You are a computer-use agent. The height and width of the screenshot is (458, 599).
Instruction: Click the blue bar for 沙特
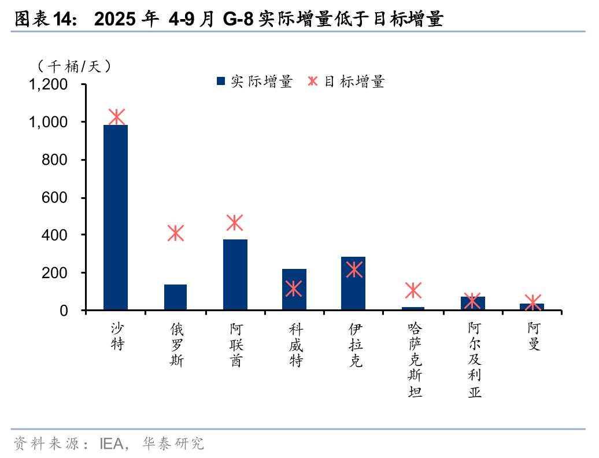pyautogui.click(x=116, y=217)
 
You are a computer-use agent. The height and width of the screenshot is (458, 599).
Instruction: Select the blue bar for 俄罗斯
pyautogui.click(x=175, y=297)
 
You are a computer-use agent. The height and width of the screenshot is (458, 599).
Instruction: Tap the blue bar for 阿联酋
pyautogui.click(x=235, y=275)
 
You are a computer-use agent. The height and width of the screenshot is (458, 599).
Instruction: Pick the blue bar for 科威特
pyautogui.click(x=294, y=289)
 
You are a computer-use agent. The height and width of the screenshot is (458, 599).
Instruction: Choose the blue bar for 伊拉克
pyautogui.click(x=353, y=283)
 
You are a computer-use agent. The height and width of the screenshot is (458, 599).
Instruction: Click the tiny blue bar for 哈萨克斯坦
pyautogui.click(x=413, y=308)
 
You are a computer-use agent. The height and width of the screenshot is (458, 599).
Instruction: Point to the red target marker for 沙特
pyautogui.click(x=116, y=117)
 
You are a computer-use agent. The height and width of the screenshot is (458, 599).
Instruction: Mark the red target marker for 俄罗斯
pyautogui.click(x=175, y=234)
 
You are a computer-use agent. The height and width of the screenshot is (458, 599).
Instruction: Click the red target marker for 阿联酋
pyautogui.click(x=235, y=223)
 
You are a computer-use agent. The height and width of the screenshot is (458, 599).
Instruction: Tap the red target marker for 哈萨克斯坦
pyautogui.click(x=413, y=290)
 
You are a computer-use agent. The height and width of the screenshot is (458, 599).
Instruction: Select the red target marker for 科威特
pyautogui.click(x=294, y=288)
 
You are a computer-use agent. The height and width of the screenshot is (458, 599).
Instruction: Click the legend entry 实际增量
pyautogui.click(x=254, y=82)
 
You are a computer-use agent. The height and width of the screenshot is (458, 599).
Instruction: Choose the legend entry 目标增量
pyautogui.click(x=347, y=82)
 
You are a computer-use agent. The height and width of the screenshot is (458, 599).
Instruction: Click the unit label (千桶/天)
pyautogui.click(x=73, y=67)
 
